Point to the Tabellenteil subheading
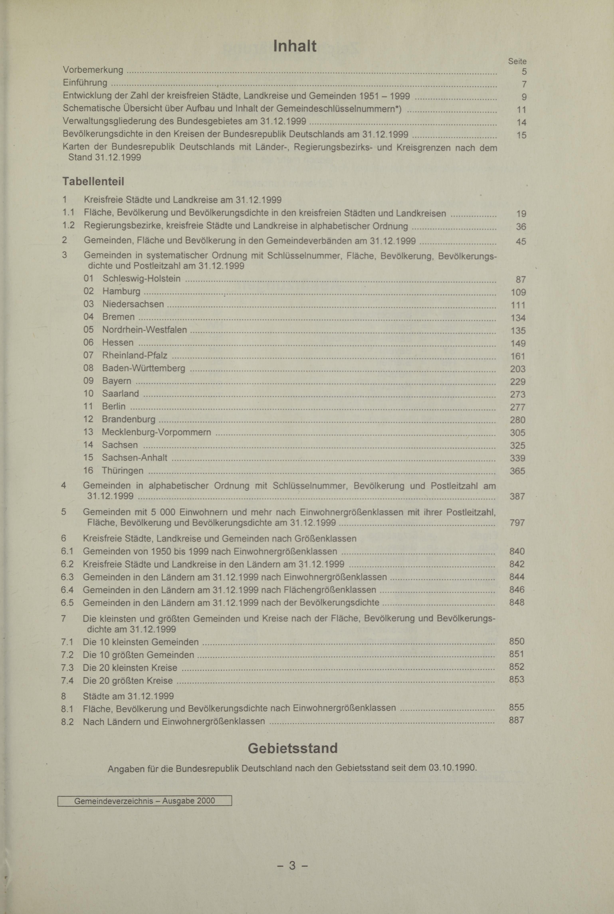coord(93,182)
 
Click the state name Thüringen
coord(123,471)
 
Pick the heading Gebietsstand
coord(292,748)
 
